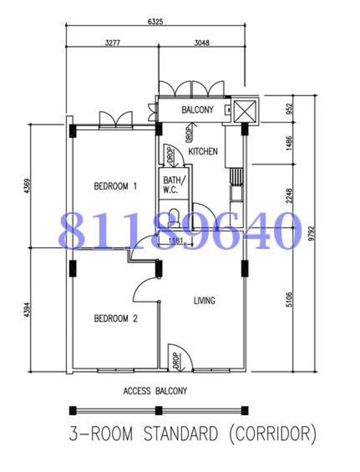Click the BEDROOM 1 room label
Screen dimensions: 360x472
pyautogui.click(x=115, y=186)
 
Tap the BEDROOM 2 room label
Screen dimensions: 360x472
pyautogui.click(x=116, y=318)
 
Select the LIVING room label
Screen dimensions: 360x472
pyautogui.click(x=204, y=300)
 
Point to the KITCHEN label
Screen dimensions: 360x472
pyautogui.click(x=203, y=151)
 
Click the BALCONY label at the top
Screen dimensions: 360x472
pyautogui.click(x=198, y=110)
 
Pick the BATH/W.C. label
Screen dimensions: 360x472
pyautogui.click(x=173, y=185)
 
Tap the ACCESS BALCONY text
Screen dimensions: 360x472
pyautogui.click(x=155, y=391)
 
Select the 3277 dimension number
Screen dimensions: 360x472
pyautogui.click(x=112, y=43)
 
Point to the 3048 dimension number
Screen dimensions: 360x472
pyautogui.click(x=201, y=43)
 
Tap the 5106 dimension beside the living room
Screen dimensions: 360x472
pyautogui.click(x=289, y=300)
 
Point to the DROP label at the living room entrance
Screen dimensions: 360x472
pyautogui.click(x=176, y=361)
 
